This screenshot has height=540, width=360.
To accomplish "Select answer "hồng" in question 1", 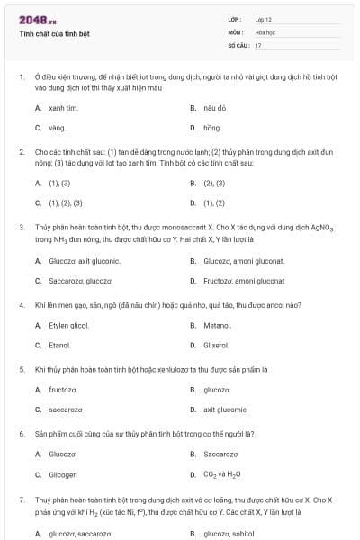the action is (x=211, y=128).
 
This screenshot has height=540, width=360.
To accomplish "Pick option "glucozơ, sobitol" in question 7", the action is (x=230, y=534).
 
